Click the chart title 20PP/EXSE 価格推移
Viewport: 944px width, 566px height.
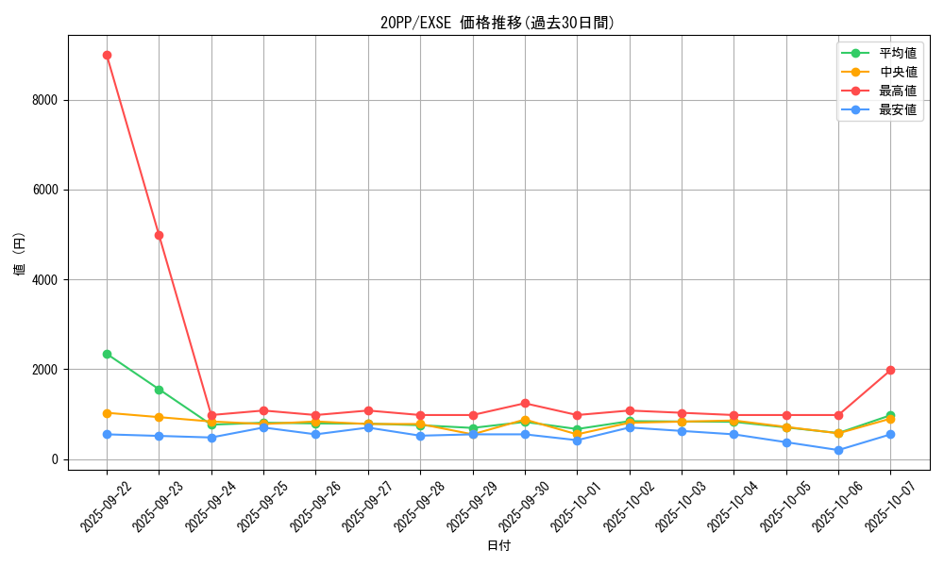point(497,23)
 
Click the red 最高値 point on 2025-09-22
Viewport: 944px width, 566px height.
point(107,55)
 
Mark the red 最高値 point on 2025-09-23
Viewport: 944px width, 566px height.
point(159,235)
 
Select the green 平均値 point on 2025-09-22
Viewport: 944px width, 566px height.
point(107,354)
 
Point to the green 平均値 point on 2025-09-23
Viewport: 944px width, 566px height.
point(159,390)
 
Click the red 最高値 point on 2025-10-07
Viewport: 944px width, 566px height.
point(890,370)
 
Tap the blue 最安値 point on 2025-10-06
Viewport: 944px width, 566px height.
point(838,450)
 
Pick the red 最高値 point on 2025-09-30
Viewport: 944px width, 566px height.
point(525,403)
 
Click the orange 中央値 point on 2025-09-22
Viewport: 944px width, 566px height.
point(107,413)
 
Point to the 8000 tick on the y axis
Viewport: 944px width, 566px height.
point(45,100)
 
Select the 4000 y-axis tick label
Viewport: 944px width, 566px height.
point(45,280)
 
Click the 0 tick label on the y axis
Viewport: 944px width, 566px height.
point(55,459)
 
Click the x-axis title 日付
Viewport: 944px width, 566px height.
point(498,546)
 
